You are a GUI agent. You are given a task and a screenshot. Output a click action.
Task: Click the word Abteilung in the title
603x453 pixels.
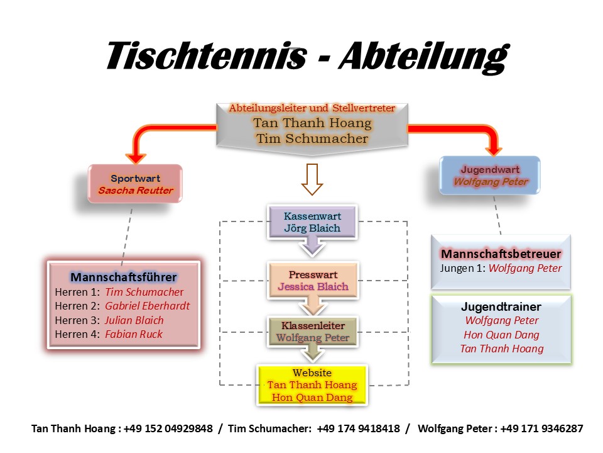(422, 57)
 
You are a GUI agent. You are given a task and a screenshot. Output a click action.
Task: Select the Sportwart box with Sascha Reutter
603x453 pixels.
(135, 184)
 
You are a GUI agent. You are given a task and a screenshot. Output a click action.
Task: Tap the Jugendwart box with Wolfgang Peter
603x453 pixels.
(491, 176)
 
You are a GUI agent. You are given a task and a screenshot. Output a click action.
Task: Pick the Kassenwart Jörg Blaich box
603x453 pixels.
(312, 222)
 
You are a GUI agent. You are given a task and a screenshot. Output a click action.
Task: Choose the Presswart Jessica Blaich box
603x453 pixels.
(313, 281)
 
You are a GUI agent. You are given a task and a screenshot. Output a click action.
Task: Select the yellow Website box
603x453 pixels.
(312, 384)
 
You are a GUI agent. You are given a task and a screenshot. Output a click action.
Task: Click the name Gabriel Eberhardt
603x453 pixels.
(147, 306)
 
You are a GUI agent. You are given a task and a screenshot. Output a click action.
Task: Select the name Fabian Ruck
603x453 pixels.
(133, 334)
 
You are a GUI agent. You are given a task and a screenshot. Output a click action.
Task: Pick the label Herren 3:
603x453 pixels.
(77, 320)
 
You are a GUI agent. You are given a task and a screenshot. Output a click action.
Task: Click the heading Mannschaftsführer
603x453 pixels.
(124, 277)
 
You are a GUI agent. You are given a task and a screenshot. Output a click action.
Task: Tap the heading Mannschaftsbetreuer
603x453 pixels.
(501, 254)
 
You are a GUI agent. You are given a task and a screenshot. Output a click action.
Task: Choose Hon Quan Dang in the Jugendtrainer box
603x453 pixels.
(501, 335)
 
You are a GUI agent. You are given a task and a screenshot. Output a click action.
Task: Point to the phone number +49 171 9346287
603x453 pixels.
(541, 428)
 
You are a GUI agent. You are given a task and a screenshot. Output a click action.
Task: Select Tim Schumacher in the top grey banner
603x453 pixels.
(312, 138)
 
